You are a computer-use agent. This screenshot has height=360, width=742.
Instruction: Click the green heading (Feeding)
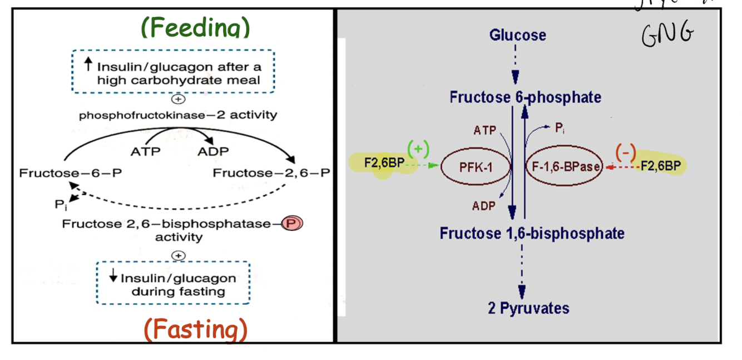click(x=195, y=28)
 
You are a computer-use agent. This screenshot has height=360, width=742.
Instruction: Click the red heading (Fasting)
click(x=196, y=329)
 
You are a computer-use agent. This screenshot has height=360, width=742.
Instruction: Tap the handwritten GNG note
click(x=668, y=36)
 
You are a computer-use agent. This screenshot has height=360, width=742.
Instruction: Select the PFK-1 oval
click(x=477, y=166)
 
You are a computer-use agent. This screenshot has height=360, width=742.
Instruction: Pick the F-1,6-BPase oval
click(x=563, y=166)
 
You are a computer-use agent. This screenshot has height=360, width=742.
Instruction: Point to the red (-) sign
click(x=625, y=152)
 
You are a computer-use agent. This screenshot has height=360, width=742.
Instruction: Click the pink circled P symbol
click(x=292, y=224)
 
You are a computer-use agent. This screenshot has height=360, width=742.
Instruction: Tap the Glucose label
click(x=517, y=36)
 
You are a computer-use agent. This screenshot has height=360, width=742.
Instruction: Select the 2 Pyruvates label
click(x=528, y=308)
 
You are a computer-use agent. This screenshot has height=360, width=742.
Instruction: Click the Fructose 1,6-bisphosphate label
click(x=532, y=233)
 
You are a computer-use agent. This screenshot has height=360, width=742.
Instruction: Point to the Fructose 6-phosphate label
click(x=525, y=97)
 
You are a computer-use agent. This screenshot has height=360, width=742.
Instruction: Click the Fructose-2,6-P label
click(x=271, y=173)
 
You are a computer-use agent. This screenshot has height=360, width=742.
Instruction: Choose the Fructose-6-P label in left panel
click(x=71, y=173)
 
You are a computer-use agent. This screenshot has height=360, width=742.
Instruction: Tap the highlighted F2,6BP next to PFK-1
click(x=384, y=164)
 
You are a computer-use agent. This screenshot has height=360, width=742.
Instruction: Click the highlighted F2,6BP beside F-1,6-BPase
click(x=660, y=165)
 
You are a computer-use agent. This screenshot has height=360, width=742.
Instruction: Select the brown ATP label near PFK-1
click(x=485, y=131)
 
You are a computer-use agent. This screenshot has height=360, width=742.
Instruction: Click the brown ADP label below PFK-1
click(x=484, y=206)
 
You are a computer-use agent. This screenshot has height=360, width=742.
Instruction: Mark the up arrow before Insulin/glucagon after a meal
click(x=87, y=65)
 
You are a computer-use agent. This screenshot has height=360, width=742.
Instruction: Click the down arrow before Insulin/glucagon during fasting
click(x=113, y=277)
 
